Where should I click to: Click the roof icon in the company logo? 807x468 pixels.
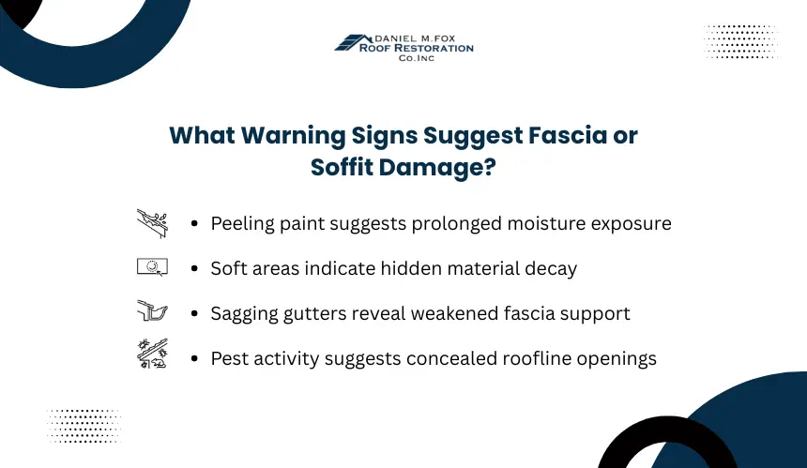pos(353,42)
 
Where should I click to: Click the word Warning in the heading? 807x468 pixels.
pos(294,136)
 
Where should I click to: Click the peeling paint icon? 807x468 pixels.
pos(152,223)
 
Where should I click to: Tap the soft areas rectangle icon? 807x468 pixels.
pos(152,267)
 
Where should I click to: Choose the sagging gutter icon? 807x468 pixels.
pos(152,310)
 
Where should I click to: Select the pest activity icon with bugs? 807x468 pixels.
pos(152,354)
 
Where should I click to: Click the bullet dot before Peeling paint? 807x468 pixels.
pos(194,224)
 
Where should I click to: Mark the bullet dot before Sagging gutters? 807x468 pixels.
pos(194,313)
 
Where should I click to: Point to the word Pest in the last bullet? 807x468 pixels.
pos(230,358)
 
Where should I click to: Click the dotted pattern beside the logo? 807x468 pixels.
pos(740,41)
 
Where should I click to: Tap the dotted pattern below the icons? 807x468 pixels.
pos(84,426)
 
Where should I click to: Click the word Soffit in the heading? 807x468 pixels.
pos(343,167)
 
